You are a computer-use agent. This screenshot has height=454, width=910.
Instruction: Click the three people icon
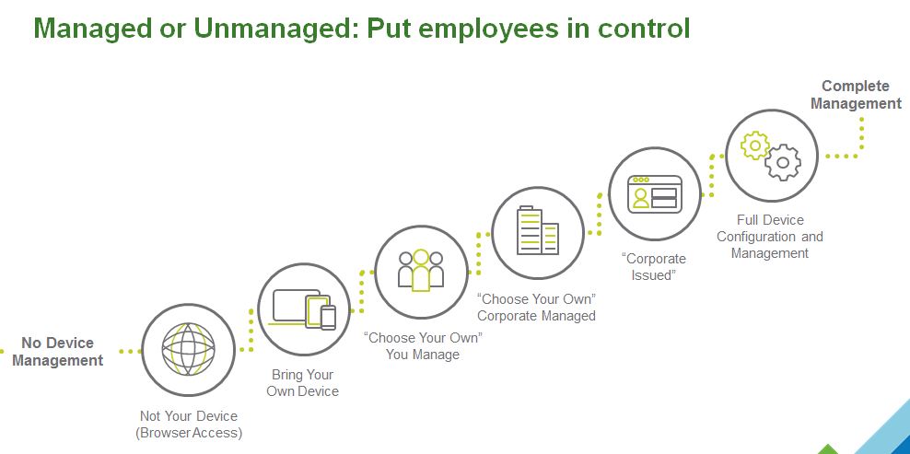tap(421, 271)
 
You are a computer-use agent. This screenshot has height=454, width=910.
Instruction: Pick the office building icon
tap(538, 231)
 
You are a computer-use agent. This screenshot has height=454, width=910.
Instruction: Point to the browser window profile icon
tap(654, 193)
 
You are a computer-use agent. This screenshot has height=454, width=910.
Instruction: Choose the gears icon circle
tap(771, 156)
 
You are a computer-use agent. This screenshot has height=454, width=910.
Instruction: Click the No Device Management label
tap(57, 352)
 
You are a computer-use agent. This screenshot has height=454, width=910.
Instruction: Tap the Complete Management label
tap(856, 95)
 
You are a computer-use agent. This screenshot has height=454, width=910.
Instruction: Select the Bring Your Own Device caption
tap(303, 383)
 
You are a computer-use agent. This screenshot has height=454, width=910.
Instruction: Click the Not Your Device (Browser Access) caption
tap(189, 424)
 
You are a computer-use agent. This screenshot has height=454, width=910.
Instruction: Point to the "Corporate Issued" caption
tap(654, 267)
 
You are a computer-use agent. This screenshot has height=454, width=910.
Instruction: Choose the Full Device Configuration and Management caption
tap(770, 237)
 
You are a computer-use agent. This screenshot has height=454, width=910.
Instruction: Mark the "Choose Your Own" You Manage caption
tap(423, 345)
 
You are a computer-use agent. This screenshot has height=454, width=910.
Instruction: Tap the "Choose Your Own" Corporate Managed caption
tap(536, 308)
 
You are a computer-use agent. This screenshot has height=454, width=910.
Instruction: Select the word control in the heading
tap(641, 29)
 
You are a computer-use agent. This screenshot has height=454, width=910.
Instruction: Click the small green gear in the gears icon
tap(755, 145)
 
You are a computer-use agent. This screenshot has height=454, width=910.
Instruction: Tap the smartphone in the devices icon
tap(327, 318)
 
